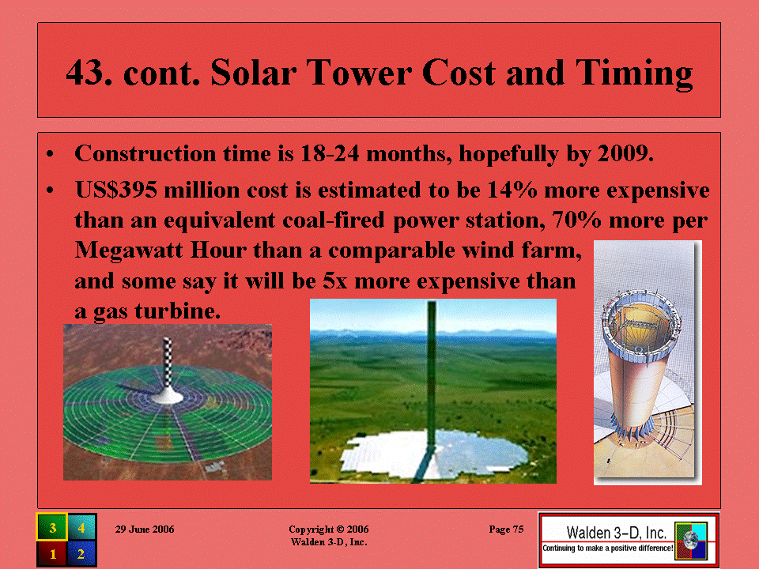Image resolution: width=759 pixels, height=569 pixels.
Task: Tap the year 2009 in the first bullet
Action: tap(625, 153)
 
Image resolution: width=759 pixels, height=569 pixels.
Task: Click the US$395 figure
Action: tap(116, 190)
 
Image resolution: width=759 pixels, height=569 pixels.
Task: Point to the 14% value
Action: tap(512, 190)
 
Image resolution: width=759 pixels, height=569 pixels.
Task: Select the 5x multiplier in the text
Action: tap(335, 281)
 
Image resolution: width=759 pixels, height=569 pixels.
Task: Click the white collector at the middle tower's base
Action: tap(434, 454)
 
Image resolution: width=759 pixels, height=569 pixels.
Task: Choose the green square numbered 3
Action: tap(52, 527)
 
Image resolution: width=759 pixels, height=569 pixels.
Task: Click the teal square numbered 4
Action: tap(81, 527)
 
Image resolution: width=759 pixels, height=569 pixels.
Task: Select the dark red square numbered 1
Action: tap(52, 553)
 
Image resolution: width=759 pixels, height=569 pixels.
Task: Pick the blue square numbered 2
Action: tap(81, 553)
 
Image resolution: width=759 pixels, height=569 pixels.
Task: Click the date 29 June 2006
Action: tap(145, 529)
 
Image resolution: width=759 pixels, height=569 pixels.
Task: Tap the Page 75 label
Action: tap(506, 529)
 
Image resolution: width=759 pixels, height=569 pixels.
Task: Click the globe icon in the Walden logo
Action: tap(690, 539)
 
